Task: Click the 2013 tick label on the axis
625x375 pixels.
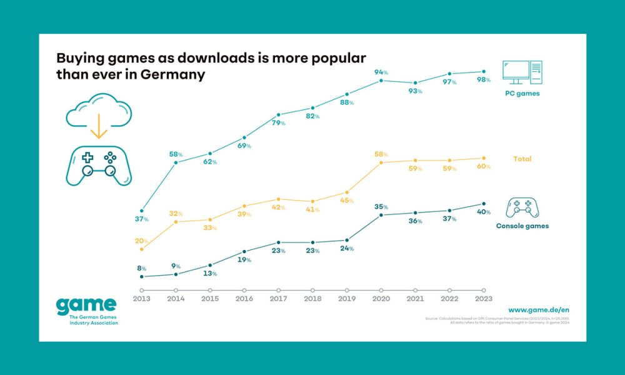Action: [x=142, y=299]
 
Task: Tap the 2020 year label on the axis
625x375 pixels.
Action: [x=381, y=299]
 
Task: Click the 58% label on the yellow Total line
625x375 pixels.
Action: [x=381, y=154]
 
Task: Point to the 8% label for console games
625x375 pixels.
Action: [x=142, y=267]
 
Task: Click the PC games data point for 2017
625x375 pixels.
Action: [x=278, y=115]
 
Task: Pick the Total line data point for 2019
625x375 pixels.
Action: [x=347, y=192]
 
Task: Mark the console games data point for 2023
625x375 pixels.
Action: [x=483, y=204]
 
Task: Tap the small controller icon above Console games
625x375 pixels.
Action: [x=522, y=207]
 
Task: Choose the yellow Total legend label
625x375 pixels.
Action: [x=522, y=159]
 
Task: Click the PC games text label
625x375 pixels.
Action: [x=522, y=94]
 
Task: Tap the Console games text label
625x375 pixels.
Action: [x=522, y=226]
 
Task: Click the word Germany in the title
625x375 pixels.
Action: [x=176, y=74]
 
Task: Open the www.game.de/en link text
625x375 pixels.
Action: [x=538, y=309]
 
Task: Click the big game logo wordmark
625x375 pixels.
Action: [x=86, y=306]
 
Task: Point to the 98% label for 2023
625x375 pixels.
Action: [x=483, y=80]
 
